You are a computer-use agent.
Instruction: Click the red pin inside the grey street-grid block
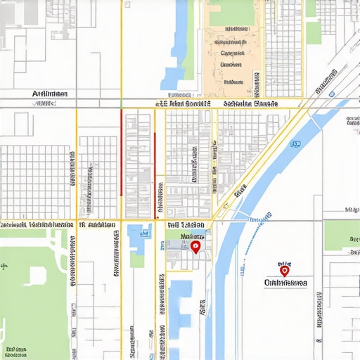pos(195,247)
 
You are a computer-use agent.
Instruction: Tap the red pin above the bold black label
pos(284,269)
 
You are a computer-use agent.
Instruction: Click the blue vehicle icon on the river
pos(295,144)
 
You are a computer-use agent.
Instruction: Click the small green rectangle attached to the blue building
pos(137,259)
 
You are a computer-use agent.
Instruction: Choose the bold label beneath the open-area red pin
pos(285,283)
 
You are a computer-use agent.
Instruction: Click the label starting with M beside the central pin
pos(191,237)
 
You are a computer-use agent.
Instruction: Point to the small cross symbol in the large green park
pos(5,266)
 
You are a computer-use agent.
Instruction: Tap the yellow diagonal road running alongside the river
pos(260,162)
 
